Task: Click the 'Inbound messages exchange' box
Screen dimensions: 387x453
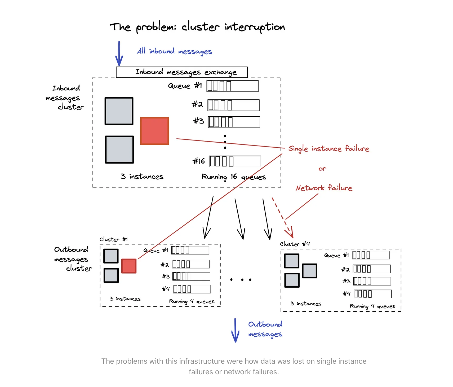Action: coord(182,72)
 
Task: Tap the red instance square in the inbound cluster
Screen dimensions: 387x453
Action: coord(154,131)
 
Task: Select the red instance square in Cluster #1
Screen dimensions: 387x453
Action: coord(129,266)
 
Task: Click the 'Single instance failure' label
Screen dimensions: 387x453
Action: coord(328,149)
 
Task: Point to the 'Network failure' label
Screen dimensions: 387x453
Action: coord(324,188)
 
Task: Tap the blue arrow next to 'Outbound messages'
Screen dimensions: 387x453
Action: coord(235,330)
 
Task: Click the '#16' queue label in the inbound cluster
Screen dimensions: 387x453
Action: coord(199,161)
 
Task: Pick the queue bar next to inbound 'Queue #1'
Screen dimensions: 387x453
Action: coord(232,86)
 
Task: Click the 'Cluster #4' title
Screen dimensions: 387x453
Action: coord(295,244)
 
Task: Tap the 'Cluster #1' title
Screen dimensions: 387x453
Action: coord(113,239)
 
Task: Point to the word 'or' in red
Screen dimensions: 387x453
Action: coord(322,169)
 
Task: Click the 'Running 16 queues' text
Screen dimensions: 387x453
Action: coord(234,177)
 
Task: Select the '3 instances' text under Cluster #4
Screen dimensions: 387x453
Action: coord(306,304)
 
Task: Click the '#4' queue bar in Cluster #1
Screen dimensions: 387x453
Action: coord(192,289)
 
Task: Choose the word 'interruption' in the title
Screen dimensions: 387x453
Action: coord(255,27)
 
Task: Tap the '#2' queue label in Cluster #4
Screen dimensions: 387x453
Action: coord(345,270)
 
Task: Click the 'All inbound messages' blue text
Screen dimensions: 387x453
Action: coord(174,51)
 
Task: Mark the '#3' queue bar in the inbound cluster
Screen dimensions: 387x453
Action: coord(234,122)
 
